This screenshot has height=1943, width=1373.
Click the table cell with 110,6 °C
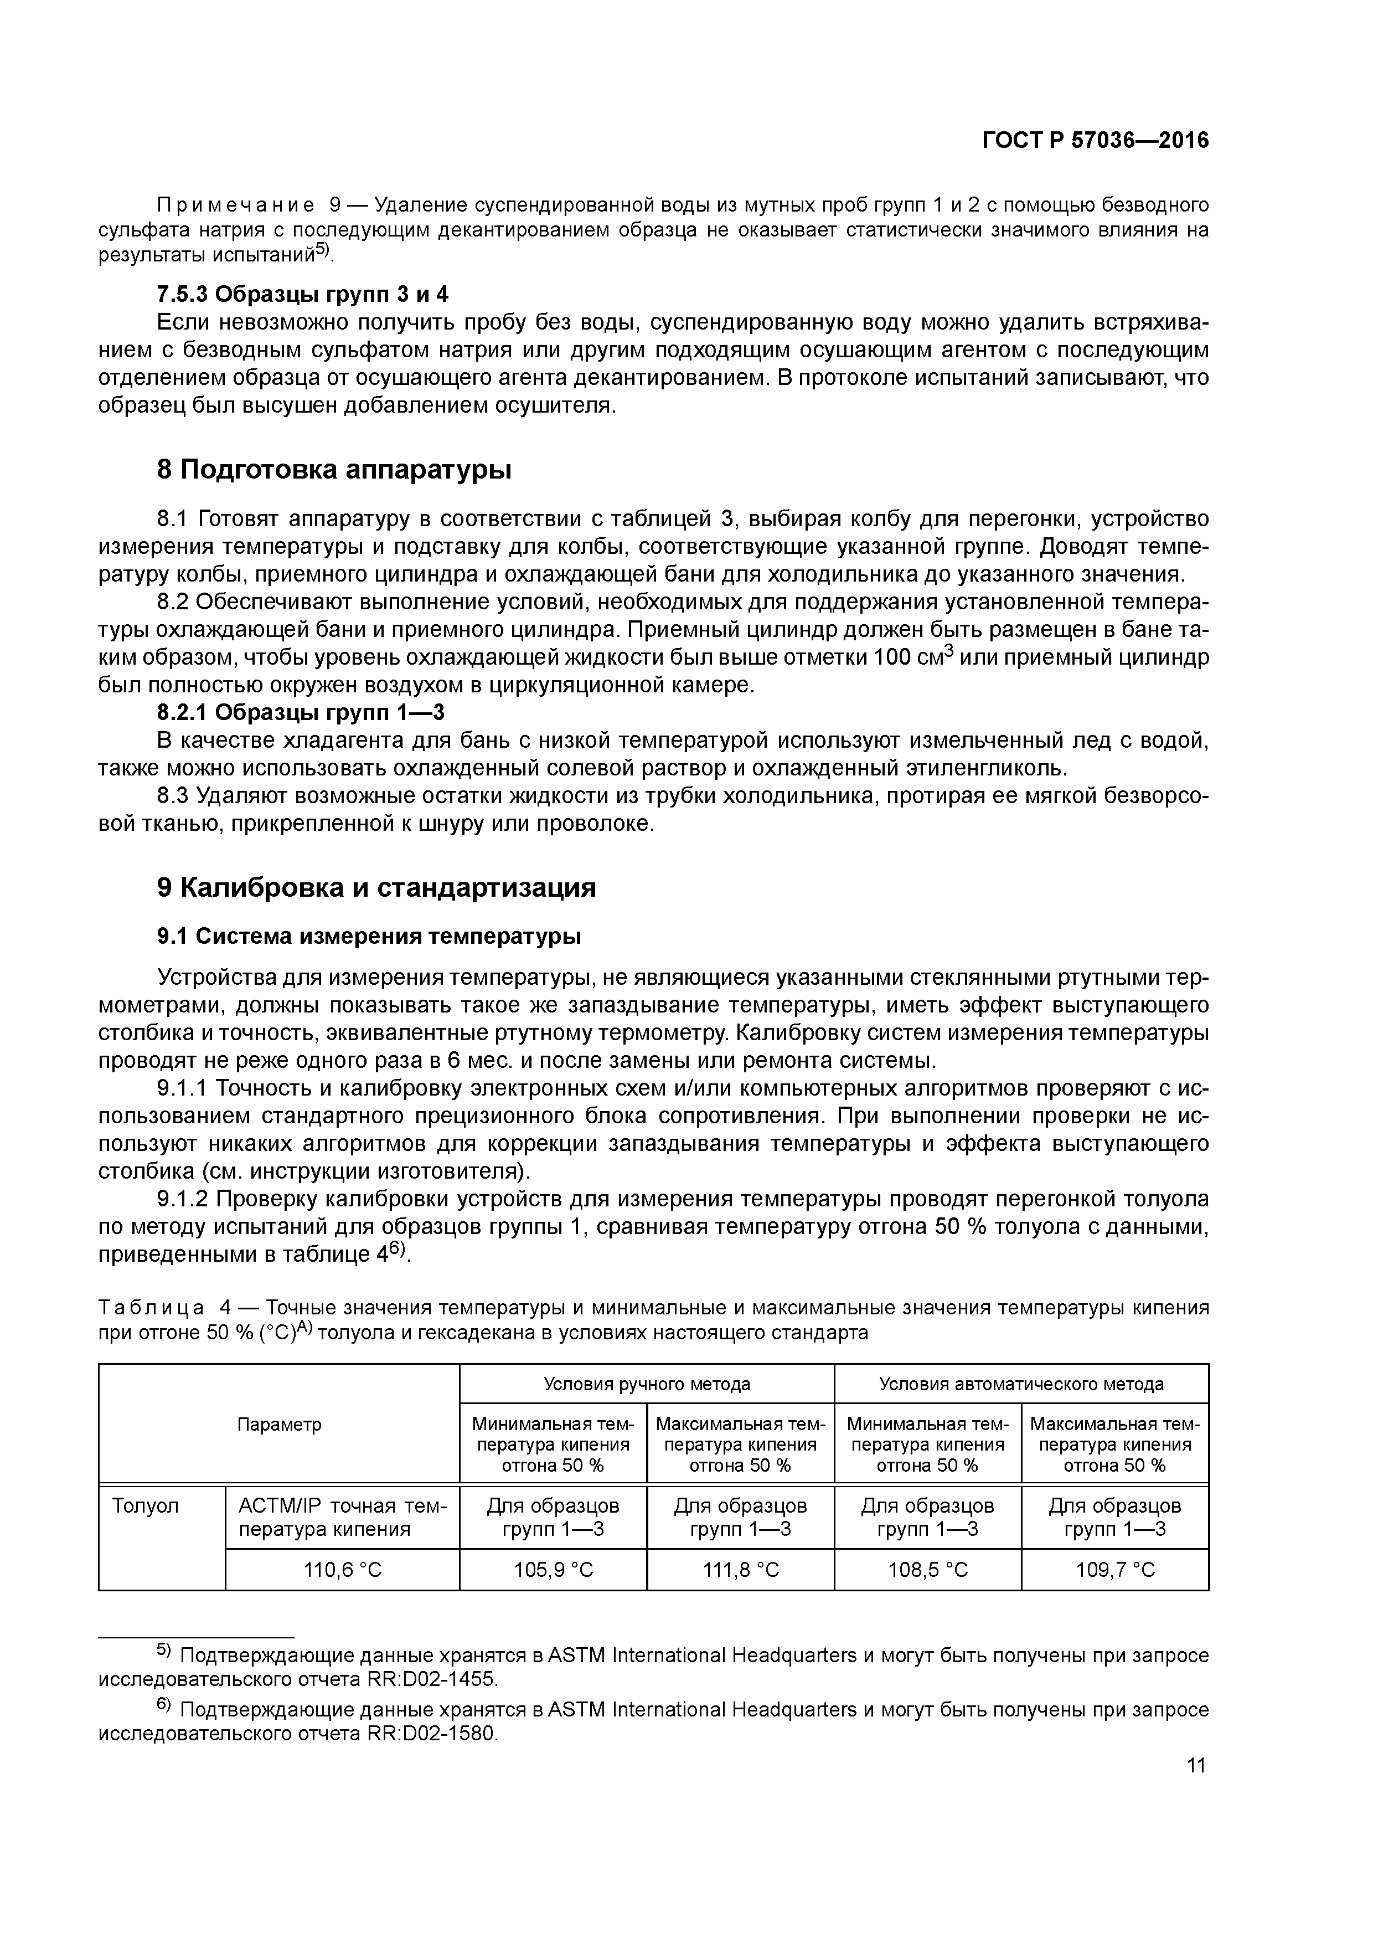[x=343, y=1570]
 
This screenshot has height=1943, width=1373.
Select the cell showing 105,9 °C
[x=553, y=1570]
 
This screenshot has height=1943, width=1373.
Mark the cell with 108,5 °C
[x=927, y=1570]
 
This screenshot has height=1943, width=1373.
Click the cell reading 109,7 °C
[x=1115, y=1570]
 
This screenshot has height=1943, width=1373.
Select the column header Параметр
[x=279, y=1424]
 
